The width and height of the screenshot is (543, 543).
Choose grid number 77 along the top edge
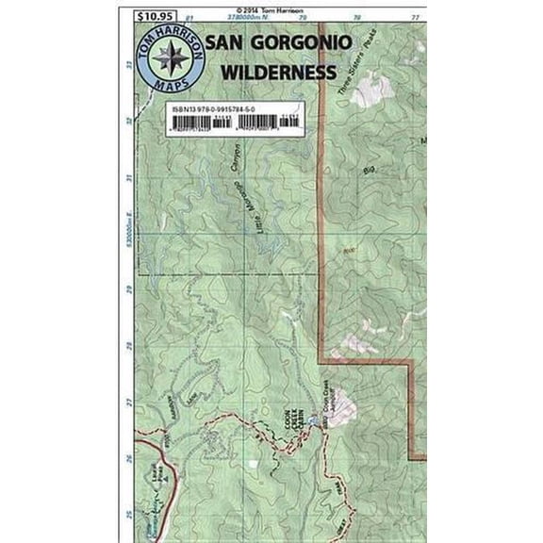415,17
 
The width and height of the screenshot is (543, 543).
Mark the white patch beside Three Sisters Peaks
377,89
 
